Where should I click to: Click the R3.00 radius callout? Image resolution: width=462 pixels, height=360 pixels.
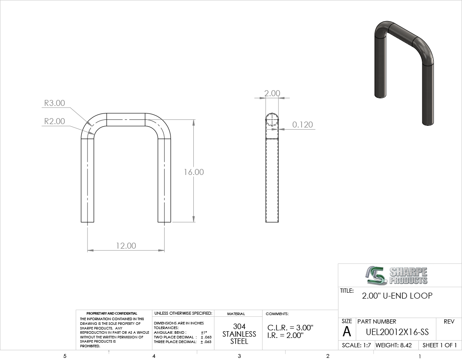[55, 103]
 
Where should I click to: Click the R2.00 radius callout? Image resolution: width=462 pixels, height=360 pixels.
[55, 121]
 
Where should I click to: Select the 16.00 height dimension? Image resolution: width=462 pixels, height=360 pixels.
[194, 172]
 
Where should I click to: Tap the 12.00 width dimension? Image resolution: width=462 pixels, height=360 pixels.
[126, 246]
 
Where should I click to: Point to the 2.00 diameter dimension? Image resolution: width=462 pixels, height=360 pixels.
[272, 93]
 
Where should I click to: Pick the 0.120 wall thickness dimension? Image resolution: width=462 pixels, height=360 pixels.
[302, 125]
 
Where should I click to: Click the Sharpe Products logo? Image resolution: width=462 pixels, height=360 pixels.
[396, 275]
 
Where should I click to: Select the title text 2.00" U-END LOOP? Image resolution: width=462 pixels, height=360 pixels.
[397, 296]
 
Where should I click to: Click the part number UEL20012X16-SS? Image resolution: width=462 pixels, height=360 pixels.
[397, 332]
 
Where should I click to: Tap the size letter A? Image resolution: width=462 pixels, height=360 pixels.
[347, 332]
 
